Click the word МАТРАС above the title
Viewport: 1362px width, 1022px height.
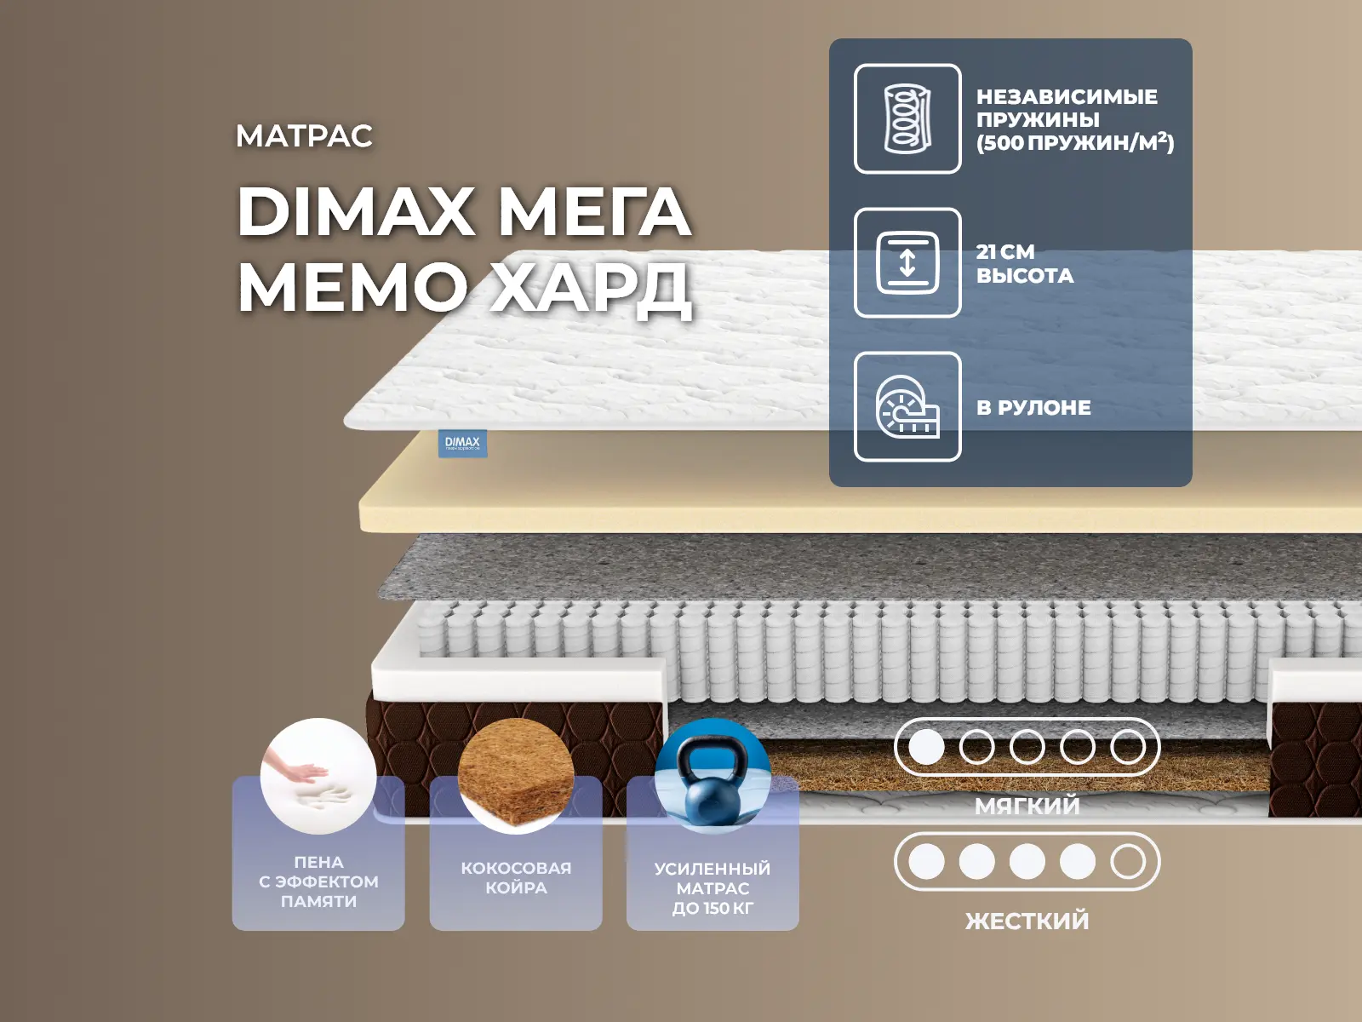[x=304, y=136]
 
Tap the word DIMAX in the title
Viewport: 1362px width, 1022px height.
[x=356, y=211]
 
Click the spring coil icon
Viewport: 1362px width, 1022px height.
[x=907, y=119]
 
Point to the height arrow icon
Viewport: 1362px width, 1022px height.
[x=907, y=262]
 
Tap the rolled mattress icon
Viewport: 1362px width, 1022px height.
[x=907, y=407]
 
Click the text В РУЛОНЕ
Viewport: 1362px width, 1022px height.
[x=1033, y=408]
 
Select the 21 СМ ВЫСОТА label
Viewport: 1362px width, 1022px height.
[x=1025, y=264]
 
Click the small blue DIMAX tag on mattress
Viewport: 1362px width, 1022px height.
[x=462, y=443]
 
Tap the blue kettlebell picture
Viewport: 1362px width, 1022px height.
[x=713, y=775]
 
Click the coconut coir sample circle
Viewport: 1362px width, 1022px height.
[x=516, y=775]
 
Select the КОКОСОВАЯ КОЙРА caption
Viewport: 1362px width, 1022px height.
[x=516, y=878]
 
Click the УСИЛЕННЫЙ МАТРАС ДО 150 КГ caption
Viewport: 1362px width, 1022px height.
[x=713, y=888]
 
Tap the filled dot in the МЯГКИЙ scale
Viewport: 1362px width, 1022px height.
[x=926, y=748]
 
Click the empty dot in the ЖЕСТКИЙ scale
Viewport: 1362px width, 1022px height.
[x=1128, y=862]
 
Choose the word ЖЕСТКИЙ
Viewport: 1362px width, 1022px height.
[x=1027, y=921]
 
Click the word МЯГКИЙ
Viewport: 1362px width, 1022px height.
[x=1027, y=806]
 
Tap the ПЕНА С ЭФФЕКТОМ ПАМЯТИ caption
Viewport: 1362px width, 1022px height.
[x=318, y=881]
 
